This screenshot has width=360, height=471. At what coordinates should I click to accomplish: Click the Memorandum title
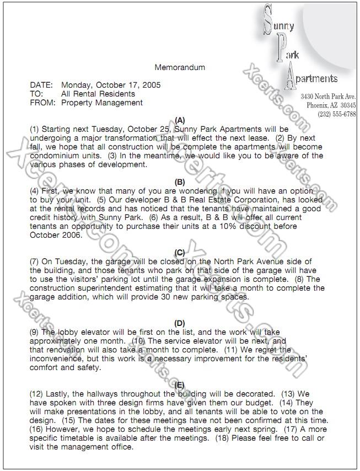[180, 68]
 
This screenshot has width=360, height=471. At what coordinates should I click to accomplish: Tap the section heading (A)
[180, 120]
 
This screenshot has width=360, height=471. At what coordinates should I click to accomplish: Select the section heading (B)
[180, 182]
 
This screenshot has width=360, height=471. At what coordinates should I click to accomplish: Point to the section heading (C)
[180, 253]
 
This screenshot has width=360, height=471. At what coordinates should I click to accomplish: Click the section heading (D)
[180, 323]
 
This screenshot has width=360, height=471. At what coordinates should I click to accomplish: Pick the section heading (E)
[180, 385]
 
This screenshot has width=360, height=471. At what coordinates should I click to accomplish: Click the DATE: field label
[41, 85]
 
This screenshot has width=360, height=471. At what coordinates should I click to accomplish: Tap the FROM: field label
[42, 103]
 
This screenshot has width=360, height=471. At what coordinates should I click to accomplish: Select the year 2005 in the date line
[152, 85]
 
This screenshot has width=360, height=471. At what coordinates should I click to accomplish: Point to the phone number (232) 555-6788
[337, 114]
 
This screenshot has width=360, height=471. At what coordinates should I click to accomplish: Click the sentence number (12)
[36, 394]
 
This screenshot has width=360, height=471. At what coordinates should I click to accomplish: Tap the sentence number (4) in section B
[35, 191]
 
